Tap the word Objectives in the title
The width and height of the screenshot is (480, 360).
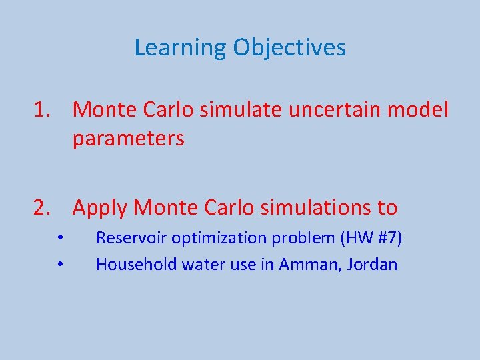point(289,48)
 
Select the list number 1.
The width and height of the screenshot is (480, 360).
point(43,109)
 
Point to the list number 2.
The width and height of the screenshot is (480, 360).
point(43,208)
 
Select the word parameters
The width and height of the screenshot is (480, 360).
point(128,139)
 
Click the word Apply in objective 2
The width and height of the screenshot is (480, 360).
point(99,208)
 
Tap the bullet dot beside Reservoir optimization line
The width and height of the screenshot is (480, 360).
point(59,237)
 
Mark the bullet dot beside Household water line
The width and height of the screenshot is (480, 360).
point(59,264)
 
